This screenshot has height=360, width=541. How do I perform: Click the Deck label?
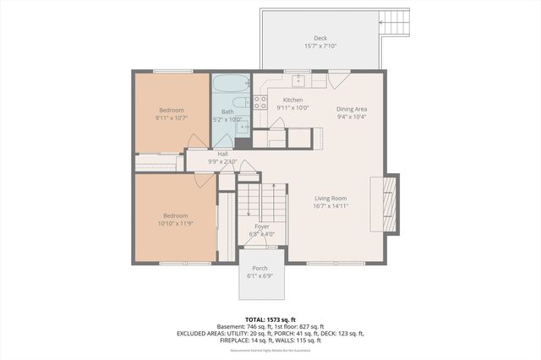click(320, 38)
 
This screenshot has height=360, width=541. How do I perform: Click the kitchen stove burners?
click(261, 102)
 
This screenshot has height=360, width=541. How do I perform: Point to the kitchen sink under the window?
click(299, 81)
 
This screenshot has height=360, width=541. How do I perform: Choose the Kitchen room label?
click(292, 100)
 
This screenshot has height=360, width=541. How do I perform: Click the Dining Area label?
click(352, 109)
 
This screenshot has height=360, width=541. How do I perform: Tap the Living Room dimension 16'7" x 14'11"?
click(330, 205)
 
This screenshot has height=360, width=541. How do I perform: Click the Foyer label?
click(262, 226)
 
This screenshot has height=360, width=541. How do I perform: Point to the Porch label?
click(260, 268)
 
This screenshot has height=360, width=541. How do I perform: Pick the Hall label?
click(223, 154)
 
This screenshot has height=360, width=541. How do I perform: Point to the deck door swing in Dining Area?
click(338, 82)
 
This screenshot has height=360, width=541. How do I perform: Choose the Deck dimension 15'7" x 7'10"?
click(320, 46)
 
